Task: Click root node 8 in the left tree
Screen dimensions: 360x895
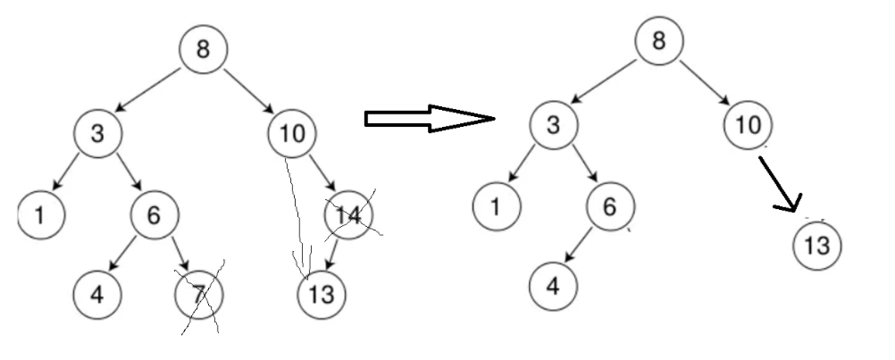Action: pos(204,50)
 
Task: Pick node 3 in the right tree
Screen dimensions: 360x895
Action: pos(554,125)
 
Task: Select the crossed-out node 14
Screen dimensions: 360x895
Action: pos(349,215)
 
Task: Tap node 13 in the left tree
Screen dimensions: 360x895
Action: pos(321,293)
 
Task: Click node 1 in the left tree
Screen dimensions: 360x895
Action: pos(41,214)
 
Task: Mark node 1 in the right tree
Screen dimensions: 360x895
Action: pos(498,206)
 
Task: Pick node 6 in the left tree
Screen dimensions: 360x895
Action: pos(155,214)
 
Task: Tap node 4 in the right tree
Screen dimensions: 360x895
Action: pos(554,285)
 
